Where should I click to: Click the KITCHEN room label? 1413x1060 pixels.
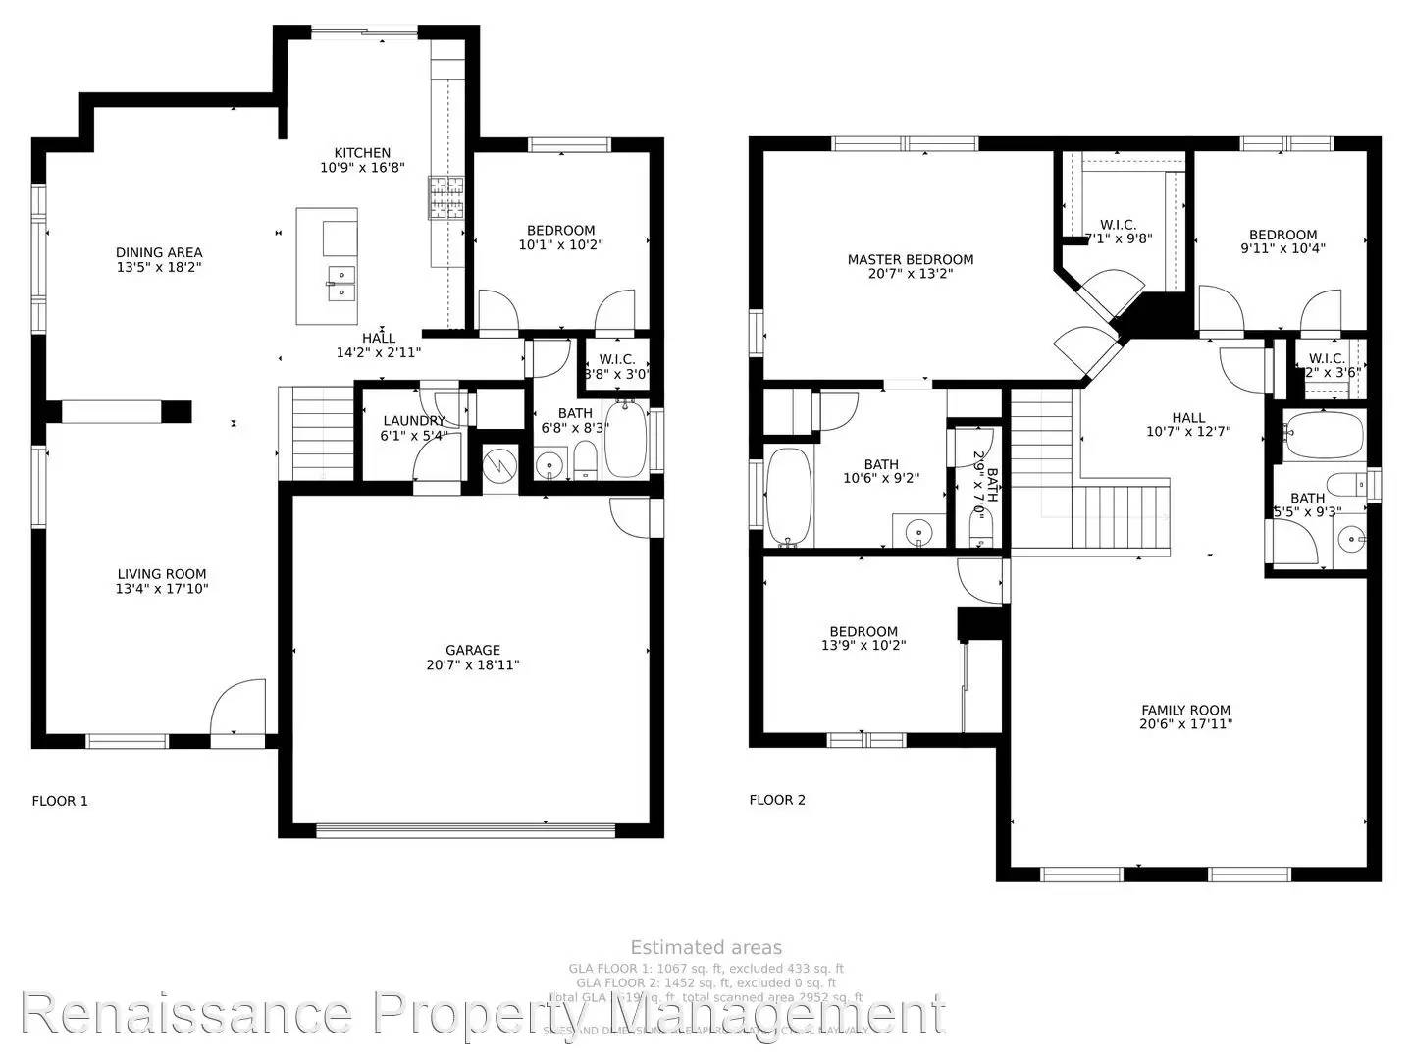click(362, 153)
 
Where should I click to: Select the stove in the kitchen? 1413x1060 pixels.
click(445, 197)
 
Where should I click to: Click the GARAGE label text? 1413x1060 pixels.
click(473, 650)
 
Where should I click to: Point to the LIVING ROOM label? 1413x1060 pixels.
click(162, 574)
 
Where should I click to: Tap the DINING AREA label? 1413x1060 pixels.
click(159, 252)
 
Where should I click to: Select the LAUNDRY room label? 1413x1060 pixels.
click(413, 421)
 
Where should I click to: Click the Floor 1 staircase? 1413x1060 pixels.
click(315, 433)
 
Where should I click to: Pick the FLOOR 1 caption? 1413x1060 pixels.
click(60, 801)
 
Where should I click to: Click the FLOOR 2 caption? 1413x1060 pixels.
click(777, 800)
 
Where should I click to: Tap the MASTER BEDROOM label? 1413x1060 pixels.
click(911, 260)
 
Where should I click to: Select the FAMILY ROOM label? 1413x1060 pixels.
click(1185, 710)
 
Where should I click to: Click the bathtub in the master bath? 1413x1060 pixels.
click(788, 496)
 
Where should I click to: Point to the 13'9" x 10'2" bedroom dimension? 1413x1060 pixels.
click(863, 646)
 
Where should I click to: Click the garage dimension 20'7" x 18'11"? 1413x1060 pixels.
click(473, 665)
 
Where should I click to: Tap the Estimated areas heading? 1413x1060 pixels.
click(706, 947)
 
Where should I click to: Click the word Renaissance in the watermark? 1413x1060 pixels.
click(186, 1013)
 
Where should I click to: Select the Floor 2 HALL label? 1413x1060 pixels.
click(1188, 417)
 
